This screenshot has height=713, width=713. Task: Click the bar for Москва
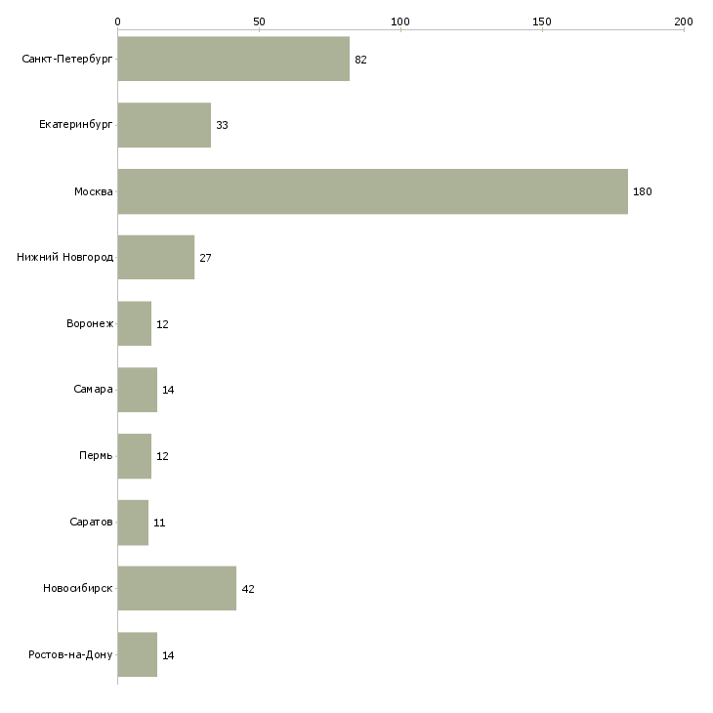pyautogui.click(x=373, y=191)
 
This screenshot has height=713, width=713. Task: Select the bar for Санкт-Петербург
pyautogui.click(x=233, y=59)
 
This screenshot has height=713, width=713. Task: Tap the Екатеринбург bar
pyautogui.click(x=164, y=125)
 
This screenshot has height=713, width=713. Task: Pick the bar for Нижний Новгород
pyautogui.click(x=156, y=258)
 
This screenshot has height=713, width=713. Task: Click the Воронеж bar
pyautogui.click(x=135, y=323)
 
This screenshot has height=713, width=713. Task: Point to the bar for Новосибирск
pyautogui.click(x=177, y=588)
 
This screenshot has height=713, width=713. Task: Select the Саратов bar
pyautogui.click(x=133, y=523)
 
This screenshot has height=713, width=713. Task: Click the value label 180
pyautogui.click(x=642, y=191)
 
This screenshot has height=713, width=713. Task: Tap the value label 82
pyautogui.click(x=360, y=60)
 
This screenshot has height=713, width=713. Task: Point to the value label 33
pyautogui.click(x=222, y=125)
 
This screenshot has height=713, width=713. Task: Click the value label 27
pyautogui.click(x=205, y=258)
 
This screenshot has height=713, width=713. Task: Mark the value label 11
pyautogui.click(x=159, y=523)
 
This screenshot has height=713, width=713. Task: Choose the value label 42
pyautogui.click(x=248, y=589)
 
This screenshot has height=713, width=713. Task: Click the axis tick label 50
pyautogui.click(x=259, y=21)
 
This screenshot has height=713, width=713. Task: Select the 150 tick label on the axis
pyautogui.click(x=542, y=21)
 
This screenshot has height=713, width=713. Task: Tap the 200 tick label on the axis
pyautogui.click(x=684, y=21)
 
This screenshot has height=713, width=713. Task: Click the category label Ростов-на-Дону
pyautogui.click(x=70, y=654)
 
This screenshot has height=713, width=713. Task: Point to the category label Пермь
pyautogui.click(x=96, y=455)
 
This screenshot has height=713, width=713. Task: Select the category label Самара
pyautogui.click(x=93, y=390)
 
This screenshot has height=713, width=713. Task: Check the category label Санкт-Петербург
pyautogui.click(x=67, y=60)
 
